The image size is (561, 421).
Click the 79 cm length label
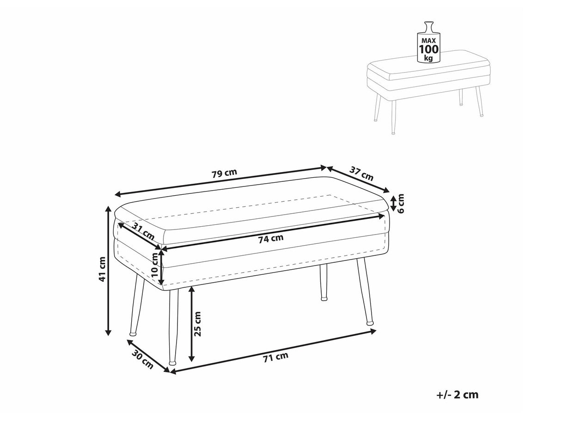pos(224,174)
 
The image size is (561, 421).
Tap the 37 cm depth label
pos(361,173)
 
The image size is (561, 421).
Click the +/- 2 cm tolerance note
pos(457,395)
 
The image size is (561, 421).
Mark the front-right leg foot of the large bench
pos(370,321)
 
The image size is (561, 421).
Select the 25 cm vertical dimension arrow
pos(192,324)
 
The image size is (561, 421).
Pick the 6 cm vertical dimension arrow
pos(393,203)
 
